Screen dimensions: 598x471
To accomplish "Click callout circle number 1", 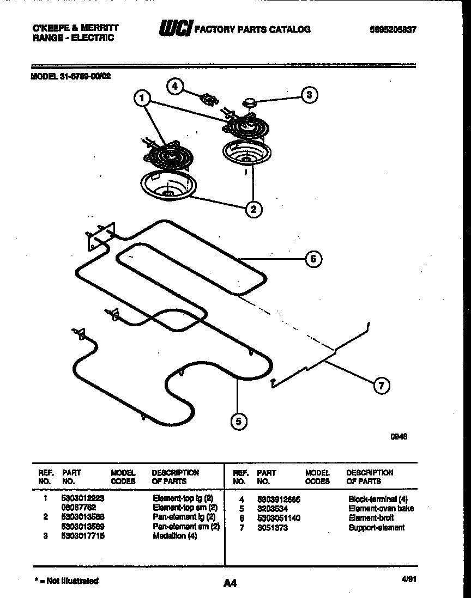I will pyautogui.click(x=142, y=99).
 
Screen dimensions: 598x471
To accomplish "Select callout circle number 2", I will pyautogui.click(x=253, y=208).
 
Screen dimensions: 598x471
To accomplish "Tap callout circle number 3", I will pyautogui.click(x=309, y=95).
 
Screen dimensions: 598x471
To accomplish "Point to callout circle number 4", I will pyautogui.click(x=175, y=86).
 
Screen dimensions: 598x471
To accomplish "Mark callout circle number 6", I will pyautogui.click(x=313, y=259).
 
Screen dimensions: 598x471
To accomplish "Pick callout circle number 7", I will pyautogui.click(x=381, y=386).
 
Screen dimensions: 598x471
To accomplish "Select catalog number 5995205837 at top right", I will pyautogui.click(x=389, y=30).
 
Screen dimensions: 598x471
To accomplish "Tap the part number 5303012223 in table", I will pyautogui.click(x=83, y=498).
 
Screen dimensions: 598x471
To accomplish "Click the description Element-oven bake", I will pyautogui.click(x=381, y=508).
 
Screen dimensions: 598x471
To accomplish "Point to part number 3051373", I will pyautogui.click(x=273, y=527).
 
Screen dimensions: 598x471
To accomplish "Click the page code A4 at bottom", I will pyautogui.click(x=230, y=583).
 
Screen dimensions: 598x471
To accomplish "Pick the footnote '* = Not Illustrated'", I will pyautogui.click(x=66, y=581).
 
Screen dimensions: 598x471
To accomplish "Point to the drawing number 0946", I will pyautogui.click(x=400, y=436).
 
